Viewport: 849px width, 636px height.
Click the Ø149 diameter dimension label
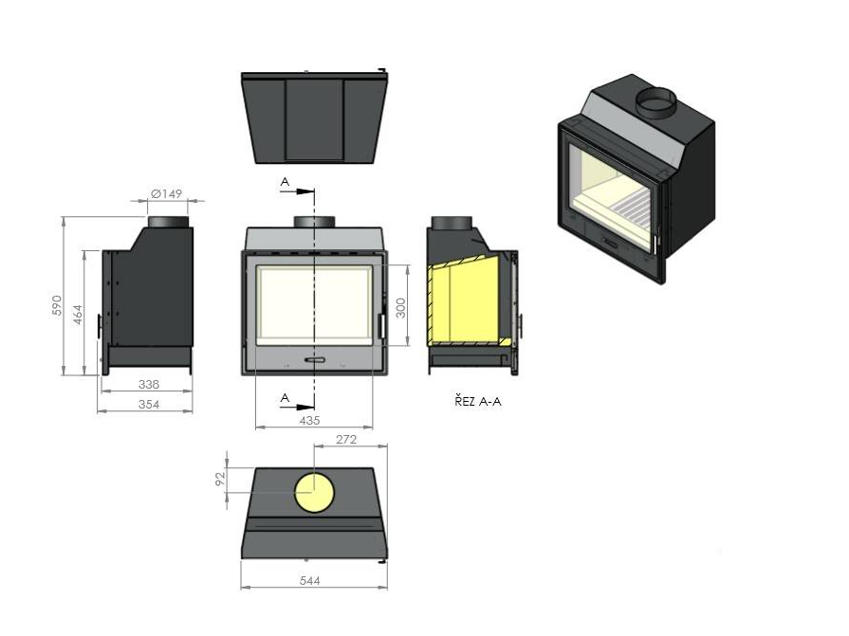click(167, 193)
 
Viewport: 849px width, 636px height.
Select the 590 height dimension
click(57, 305)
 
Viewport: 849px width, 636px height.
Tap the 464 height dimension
click(78, 315)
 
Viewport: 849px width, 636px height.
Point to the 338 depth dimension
click(149, 384)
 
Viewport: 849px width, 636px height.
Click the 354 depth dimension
click(149, 404)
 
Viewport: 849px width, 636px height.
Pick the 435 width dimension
click(309, 420)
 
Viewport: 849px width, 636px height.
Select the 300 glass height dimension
click(400, 308)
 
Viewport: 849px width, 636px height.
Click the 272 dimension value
click(346, 439)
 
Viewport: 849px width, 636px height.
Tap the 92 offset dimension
click(220, 480)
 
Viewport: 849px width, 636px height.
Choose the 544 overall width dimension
click(309, 581)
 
